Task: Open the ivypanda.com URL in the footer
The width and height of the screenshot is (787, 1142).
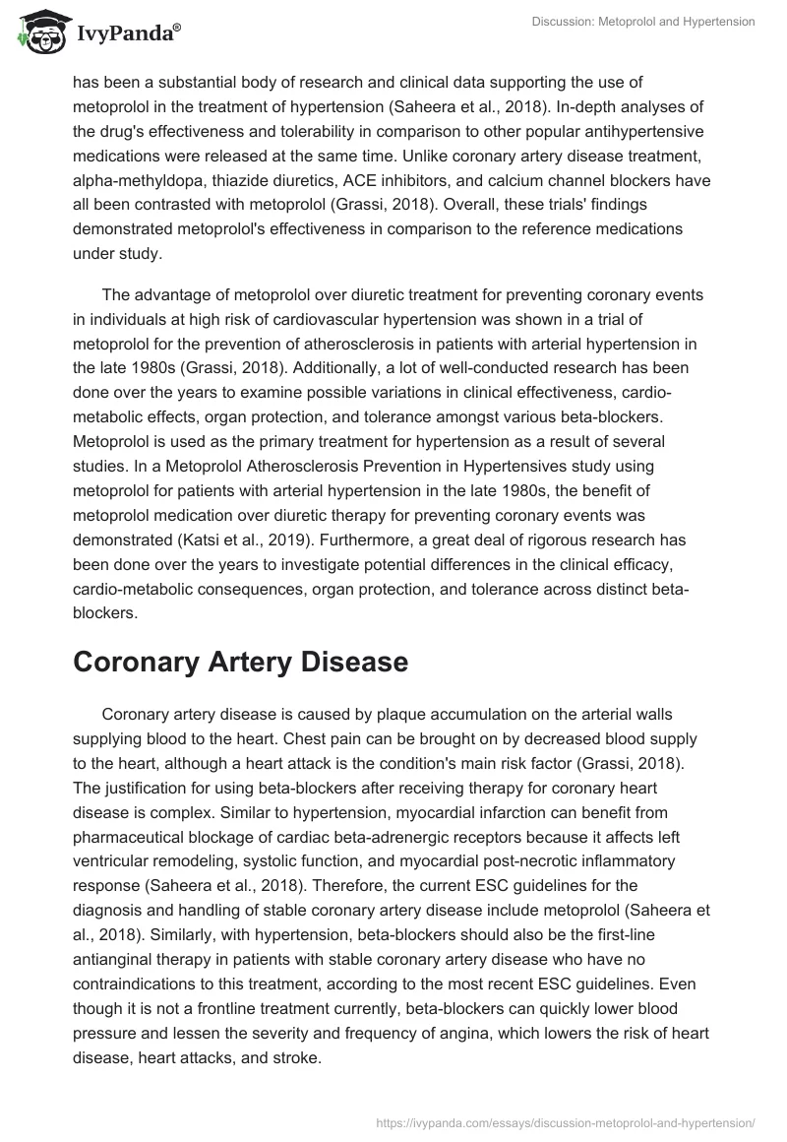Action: tap(565, 1121)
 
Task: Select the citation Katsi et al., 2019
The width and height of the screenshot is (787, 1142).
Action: tap(235, 540)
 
